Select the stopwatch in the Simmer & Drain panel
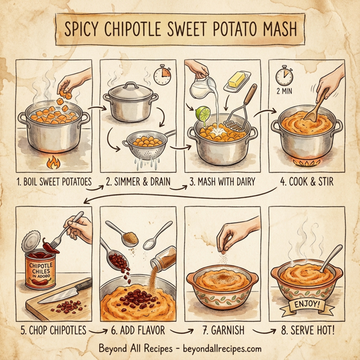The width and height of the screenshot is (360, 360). [162, 75]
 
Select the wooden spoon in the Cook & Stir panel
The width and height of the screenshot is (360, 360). [317, 104]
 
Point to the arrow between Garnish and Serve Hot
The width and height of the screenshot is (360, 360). [259, 330]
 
